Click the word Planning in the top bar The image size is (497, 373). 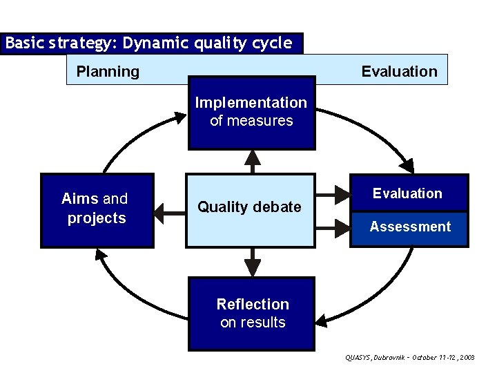click(108, 71)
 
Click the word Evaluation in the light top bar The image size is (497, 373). click(399, 71)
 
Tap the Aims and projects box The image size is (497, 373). click(97, 209)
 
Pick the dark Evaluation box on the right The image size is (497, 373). click(407, 193)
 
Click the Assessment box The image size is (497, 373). click(410, 227)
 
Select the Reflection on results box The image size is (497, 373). click(252, 313)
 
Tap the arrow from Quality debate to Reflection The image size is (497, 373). click(253, 262)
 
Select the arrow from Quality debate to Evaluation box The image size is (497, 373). click(334, 193)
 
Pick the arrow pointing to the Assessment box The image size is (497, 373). click(334, 224)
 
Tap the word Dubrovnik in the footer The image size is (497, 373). click(391, 358)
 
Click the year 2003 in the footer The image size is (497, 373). click(466, 358)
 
